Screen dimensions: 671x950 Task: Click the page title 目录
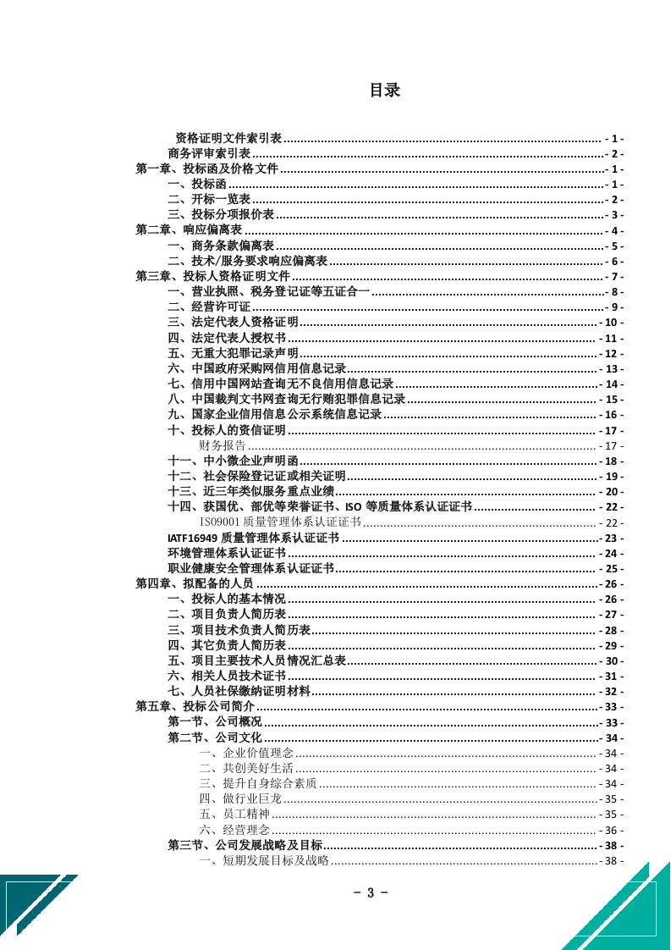pos(384,91)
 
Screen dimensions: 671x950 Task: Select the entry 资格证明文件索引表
pos(228,138)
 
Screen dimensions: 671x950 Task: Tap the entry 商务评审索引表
pos(209,153)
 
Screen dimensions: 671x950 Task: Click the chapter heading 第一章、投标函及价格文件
pos(206,169)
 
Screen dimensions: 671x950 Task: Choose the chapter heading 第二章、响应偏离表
pos(189,230)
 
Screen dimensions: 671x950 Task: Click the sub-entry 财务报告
pos(223,445)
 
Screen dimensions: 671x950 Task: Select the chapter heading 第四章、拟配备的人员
pos(195,584)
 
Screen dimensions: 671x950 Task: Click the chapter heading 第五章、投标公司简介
pos(195,707)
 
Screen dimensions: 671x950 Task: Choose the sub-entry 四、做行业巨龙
pos(240,798)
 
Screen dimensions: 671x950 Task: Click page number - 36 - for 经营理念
pos(611,830)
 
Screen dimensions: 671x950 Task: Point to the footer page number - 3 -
pos(370,892)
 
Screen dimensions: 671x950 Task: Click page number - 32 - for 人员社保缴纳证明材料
pos(611,691)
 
